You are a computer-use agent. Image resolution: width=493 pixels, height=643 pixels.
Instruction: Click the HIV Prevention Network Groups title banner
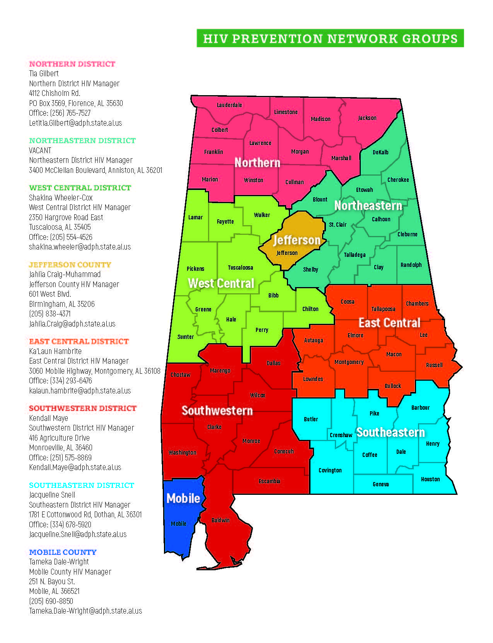(330, 38)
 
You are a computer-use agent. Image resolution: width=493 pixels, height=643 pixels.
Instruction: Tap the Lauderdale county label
(229, 105)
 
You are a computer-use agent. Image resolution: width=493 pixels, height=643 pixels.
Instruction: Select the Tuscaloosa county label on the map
(240, 268)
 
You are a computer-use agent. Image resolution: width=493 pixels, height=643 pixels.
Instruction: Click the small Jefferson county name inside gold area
(287, 253)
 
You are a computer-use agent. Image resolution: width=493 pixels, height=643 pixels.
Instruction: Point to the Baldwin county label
(220, 520)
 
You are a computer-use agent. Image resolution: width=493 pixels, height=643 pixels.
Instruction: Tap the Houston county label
(430, 479)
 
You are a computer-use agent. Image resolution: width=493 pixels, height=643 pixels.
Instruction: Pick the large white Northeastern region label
(368, 205)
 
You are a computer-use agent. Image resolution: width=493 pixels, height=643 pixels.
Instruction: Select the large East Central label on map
(389, 323)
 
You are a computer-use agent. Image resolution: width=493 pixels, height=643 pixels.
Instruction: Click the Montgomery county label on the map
(349, 362)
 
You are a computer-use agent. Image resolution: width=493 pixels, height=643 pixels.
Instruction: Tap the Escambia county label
(269, 481)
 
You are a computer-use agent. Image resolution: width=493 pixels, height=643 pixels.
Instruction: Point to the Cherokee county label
(398, 180)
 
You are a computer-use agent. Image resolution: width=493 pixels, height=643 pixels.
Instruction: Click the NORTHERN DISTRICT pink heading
(72, 64)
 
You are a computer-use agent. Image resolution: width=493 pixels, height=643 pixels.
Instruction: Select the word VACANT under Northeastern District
(40, 150)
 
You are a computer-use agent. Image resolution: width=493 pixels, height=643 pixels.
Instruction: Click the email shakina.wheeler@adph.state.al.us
(80, 247)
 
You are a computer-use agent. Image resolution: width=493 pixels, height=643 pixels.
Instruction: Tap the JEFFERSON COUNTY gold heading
(70, 265)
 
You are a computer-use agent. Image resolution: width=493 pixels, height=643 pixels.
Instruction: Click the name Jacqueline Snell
(52, 495)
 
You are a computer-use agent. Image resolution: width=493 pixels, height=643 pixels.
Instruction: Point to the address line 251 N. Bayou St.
(52, 581)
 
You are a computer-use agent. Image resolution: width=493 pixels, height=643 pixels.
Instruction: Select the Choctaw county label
(180, 375)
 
